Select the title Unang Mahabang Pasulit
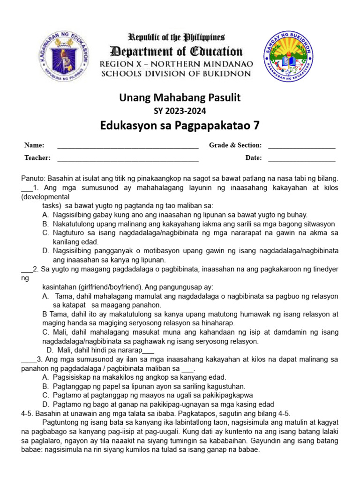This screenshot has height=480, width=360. pos(180,97)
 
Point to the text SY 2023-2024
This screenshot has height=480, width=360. pos(180,111)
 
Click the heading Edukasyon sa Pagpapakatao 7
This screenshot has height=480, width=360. pos(180,125)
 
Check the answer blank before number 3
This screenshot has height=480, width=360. pos(28,360)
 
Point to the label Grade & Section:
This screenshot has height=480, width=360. pos(235,146)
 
